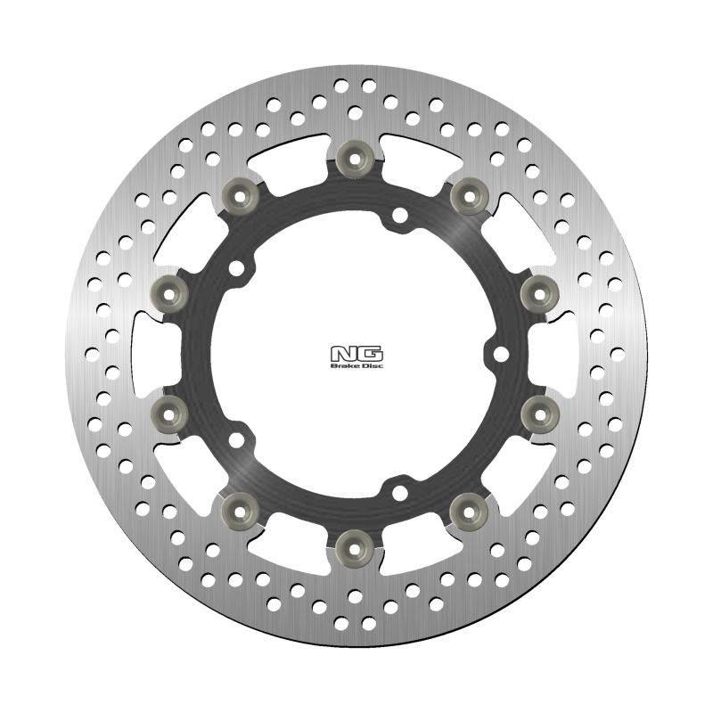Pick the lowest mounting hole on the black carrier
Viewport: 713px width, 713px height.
[399, 491]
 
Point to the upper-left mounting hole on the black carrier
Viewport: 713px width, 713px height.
[236, 267]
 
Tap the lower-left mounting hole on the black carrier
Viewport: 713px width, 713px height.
[236, 439]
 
